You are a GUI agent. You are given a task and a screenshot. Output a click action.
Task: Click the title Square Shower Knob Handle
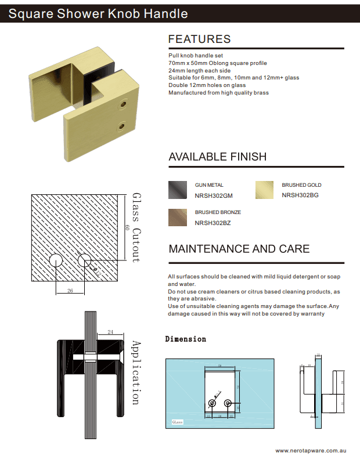coord(98,13)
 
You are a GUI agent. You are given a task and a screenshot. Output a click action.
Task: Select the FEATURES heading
coord(199,39)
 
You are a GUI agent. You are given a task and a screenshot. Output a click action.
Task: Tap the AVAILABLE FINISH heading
coord(217,157)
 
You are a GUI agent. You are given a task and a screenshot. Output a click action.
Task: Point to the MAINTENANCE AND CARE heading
coord(239,249)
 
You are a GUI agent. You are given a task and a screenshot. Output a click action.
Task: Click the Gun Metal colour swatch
coord(177,190)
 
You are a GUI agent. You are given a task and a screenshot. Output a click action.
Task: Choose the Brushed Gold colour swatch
coord(264,190)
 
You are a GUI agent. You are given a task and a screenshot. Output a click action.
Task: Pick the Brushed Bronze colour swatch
coord(177,217)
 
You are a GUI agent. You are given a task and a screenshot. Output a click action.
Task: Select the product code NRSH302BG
coord(300,195)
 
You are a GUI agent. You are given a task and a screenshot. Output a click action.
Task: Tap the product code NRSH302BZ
coord(212,223)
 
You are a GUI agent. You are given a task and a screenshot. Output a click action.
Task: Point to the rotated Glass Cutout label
coord(136,227)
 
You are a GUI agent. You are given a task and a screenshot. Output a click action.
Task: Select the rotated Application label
coord(136,372)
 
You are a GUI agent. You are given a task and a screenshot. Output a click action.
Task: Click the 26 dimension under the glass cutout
coord(70,290)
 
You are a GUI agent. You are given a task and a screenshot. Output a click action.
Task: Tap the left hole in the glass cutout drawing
coord(56,260)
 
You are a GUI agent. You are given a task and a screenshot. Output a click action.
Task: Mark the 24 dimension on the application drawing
coord(110,332)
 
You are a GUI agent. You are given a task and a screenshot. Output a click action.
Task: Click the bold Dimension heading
coord(185,339)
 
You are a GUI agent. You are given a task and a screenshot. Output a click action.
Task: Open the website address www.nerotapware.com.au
coord(311,450)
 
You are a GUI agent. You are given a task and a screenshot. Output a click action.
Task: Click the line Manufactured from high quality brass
coord(218,93)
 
